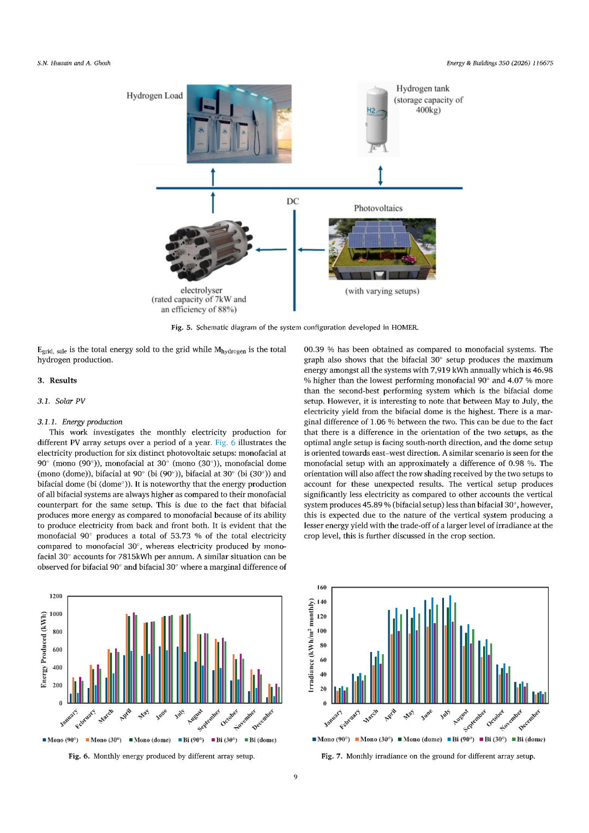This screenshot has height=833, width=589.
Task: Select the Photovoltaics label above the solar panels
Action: (378, 208)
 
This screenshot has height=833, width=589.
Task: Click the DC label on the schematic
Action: (293, 201)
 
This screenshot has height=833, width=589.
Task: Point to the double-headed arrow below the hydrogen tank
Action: (380, 176)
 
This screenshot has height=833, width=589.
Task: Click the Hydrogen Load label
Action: (154, 95)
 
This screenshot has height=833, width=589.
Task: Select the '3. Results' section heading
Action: (57, 381)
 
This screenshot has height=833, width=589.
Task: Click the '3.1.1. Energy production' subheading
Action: (80, 422)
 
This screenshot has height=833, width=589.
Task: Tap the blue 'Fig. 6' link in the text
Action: (225, 443)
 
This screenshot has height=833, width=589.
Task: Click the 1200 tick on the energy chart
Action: (56, 596)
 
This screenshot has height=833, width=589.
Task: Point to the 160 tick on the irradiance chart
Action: (322, 588)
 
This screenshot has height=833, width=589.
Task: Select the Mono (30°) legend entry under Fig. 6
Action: (104, 740)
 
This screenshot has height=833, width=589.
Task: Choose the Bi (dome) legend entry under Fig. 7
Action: (528, 740)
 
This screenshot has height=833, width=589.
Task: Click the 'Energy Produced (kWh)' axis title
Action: (44, 650)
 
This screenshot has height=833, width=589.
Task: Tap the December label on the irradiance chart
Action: (529, 720)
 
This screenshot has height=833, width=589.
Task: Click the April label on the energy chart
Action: (125, 714)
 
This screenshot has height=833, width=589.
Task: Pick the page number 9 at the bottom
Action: (296, 777)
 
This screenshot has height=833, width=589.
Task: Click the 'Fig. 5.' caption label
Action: (182, 328)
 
